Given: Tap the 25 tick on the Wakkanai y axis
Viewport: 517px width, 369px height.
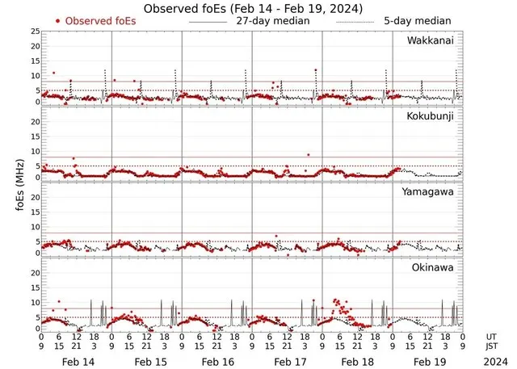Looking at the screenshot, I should pyautogui.click(x=35, y=31).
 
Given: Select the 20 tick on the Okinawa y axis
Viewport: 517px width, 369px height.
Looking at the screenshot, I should pyautogui.click(x=35, y=273).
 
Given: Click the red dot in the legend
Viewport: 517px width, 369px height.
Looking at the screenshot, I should pyautogui.click(x=57, y=20).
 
